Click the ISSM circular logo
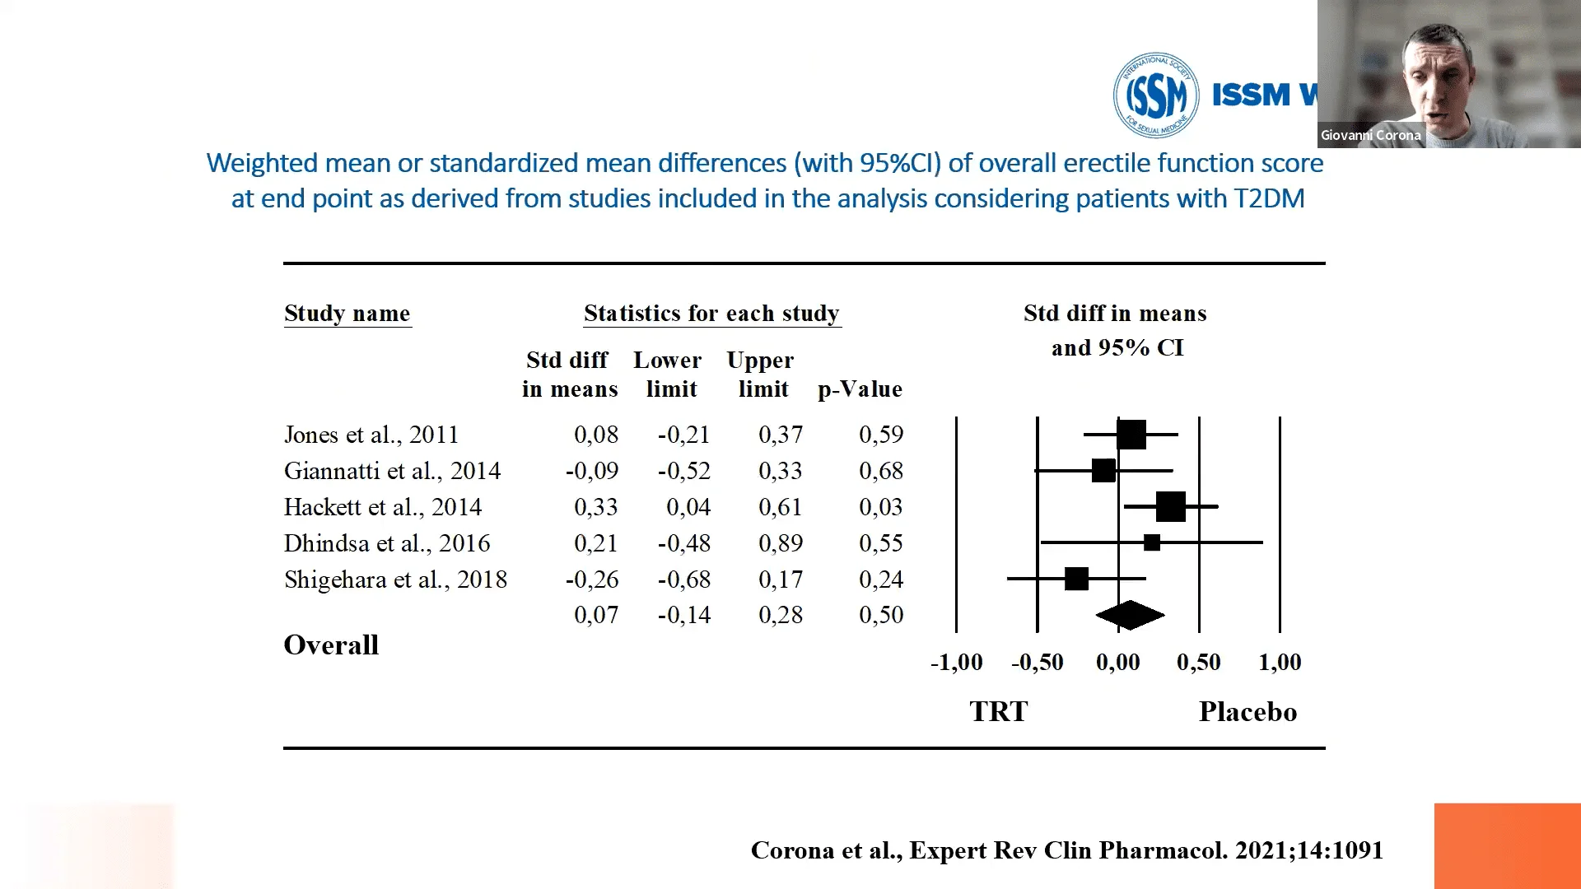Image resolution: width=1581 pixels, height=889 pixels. tap(1155, 95)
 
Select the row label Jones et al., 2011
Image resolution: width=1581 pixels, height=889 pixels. tap(371, 435)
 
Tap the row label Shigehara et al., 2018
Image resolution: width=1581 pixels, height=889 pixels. tap(395, 579)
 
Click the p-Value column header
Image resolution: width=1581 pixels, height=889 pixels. tap(860, 389)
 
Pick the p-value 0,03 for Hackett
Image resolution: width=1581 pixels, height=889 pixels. tap(880, 507)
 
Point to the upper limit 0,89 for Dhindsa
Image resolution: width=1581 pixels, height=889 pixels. tap(780, 543)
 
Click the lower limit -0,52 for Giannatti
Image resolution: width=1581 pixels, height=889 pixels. tap(683, 471)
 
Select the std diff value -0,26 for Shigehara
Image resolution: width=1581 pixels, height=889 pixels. tap(592, 579)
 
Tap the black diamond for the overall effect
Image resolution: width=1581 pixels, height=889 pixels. tap(1130, 615)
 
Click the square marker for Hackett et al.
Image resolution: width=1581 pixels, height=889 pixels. tap(1170, 506)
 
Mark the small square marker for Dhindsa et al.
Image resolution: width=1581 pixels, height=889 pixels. tap(1152, 542)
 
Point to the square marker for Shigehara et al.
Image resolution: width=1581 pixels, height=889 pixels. tap(1076, 579)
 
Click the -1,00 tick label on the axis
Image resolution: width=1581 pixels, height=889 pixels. tap(956, 663)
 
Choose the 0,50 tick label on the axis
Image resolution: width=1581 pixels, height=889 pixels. tap(1198, 663)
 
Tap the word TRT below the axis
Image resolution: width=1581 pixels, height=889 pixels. tap(998, 712)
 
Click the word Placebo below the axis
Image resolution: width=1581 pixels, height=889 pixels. tap(1248, 712)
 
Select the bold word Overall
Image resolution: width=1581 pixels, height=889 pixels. tap(331, 645)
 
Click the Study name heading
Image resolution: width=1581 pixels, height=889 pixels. tap(347, 314)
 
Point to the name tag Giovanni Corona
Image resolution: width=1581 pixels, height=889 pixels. tap(1370, 135)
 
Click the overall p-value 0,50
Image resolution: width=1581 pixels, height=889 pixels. tap(880, 615)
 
